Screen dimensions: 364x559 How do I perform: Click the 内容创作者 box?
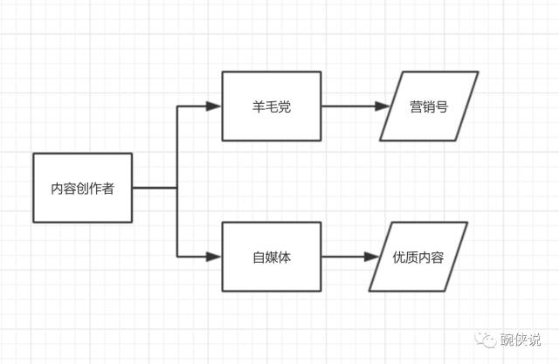pyautogui.click(x=82, y=188)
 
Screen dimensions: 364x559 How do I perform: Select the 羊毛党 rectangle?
pyautogui.click(x=271, y=106)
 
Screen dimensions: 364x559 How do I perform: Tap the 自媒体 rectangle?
pyautogui.click(x=271, y=258)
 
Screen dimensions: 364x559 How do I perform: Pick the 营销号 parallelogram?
pyautogui.click(x=429, y=106)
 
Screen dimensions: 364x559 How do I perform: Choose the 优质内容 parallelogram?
pyautogui.click(x=418, y=258)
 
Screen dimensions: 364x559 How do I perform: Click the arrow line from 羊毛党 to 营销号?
pyautogui.click(x=349, y=106)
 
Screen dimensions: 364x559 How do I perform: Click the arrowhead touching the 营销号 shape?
pyautogui.click(x=382, y=106)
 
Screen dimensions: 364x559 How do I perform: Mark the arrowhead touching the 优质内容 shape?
pyautogui.click(x=371, y=258)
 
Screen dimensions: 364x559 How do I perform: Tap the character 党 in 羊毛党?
pyautogui.click(x=285, y=106)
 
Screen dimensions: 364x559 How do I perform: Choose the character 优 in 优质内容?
pyautogui.click(x=398, y=258)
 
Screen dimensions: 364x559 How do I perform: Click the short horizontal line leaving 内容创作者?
pyautogui.click(x=155, y=188)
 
